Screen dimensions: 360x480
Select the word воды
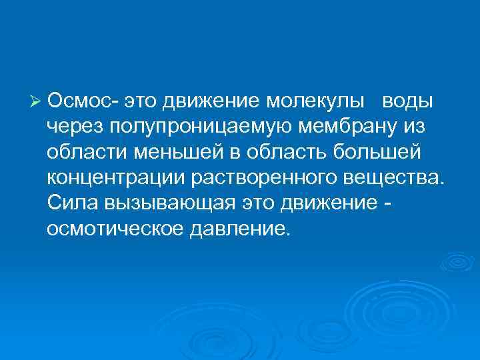click(407, 101)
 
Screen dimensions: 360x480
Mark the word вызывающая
click(171, 205)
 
